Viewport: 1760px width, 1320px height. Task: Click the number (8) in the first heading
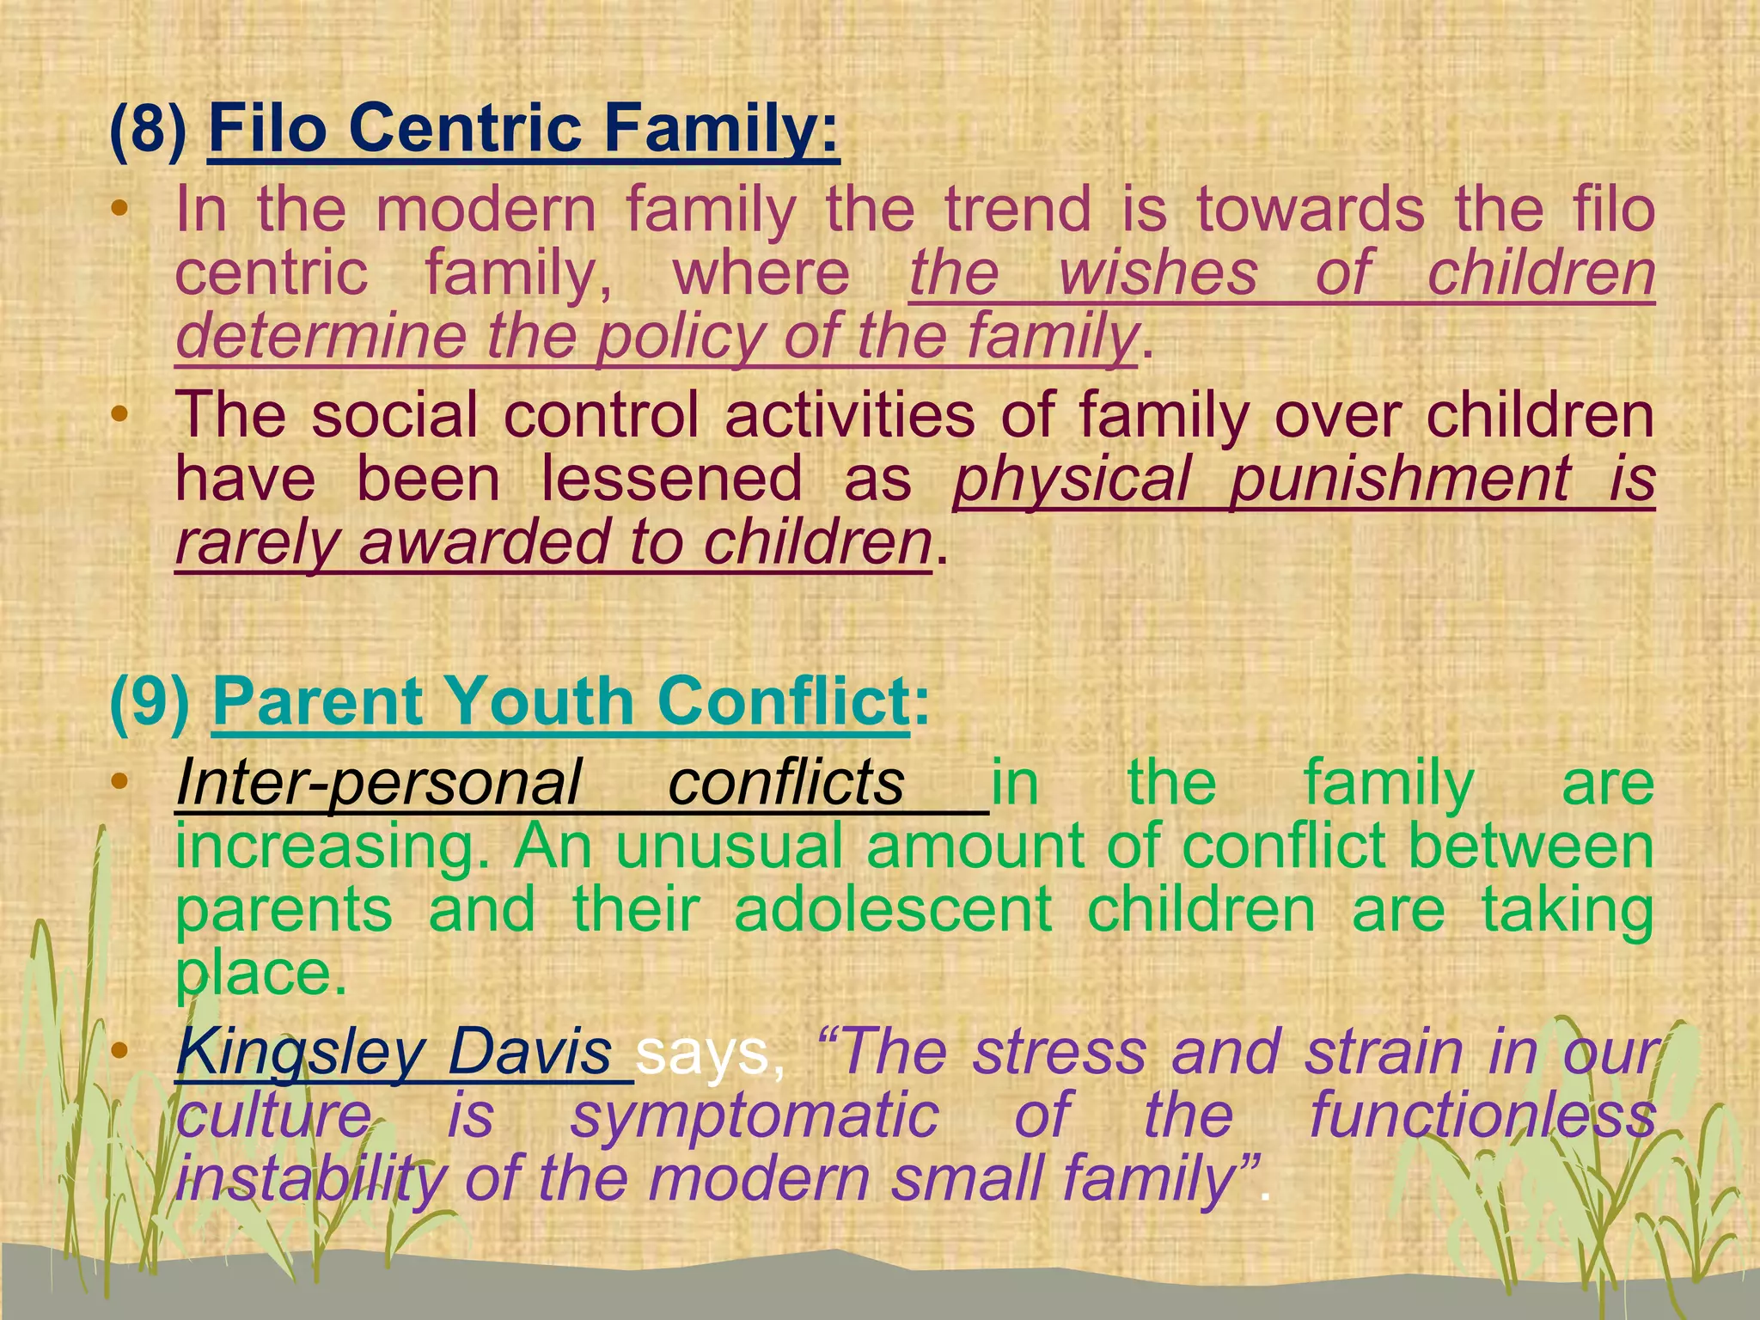click(148, 129)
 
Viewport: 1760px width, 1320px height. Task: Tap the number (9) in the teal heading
click(150, 700)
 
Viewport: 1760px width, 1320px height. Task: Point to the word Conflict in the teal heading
click(782, 700)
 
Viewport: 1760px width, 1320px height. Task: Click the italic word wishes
click(1158, 273)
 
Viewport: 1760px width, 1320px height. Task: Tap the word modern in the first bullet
click(486, 211)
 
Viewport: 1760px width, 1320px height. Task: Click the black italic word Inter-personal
click(378, 783)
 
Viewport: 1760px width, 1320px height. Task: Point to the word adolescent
click(893, 910)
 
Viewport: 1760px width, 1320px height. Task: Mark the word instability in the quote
click(309, 1179)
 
